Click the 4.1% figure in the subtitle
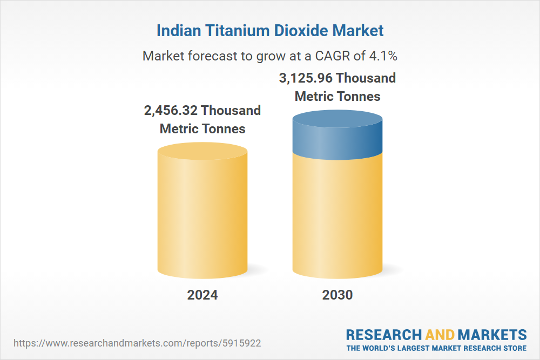383,56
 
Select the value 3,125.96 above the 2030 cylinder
305,78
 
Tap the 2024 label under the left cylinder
202,295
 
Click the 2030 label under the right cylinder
337,295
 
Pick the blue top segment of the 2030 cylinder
337,138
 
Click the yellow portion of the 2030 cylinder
337,216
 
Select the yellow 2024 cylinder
202,216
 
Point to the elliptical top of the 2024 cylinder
202,151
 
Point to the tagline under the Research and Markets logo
436,348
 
